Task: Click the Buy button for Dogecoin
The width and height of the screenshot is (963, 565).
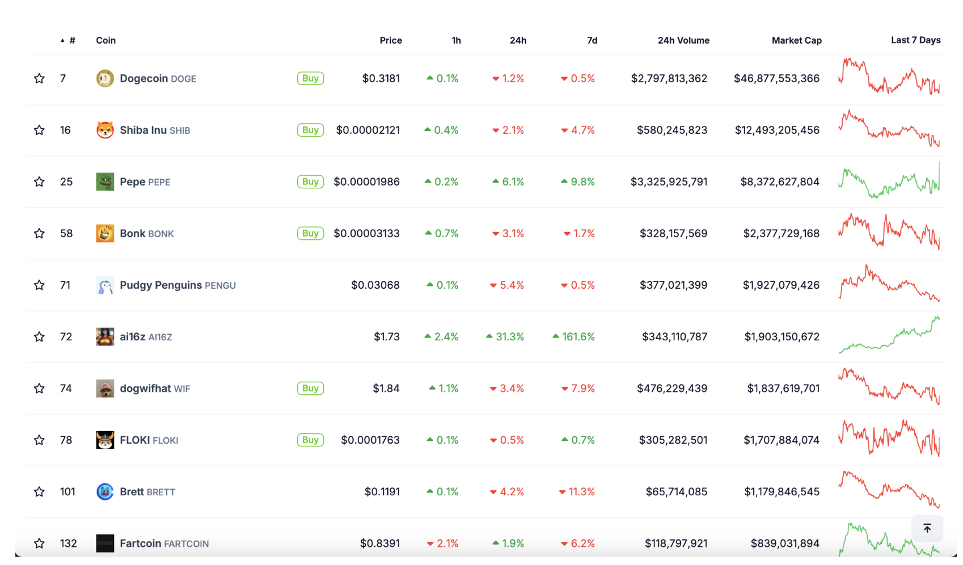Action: (310, 78)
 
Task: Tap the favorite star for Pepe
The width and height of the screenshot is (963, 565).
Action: (39, 182)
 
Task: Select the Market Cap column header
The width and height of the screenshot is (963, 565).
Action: (796, 40)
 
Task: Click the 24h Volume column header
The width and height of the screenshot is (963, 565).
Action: (683, 40)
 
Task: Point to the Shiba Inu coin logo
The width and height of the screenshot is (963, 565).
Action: (105, 130)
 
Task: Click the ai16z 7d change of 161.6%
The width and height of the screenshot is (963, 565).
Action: (574, 336)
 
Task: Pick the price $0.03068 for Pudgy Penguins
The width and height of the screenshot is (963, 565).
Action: (375, 285)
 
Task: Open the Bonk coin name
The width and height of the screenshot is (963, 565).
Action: (133, 233)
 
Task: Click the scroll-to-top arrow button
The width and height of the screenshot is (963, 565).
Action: (927, 528)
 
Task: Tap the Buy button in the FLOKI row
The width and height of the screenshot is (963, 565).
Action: (310, 440)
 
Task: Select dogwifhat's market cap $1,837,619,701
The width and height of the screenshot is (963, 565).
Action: (783, 388)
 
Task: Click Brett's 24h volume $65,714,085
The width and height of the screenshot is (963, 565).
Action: (676, 491)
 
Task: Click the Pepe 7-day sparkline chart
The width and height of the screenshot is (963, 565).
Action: (889, 182)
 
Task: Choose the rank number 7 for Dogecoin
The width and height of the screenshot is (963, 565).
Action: (63, 78)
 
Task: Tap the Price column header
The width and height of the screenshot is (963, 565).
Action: (390, 40)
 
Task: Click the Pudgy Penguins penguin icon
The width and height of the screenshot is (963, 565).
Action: (105, 285)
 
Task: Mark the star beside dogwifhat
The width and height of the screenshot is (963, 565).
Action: (39, 388)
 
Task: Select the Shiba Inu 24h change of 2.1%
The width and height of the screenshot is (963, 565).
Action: (508, 130)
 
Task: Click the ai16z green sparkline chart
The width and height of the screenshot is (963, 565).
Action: (889, 336)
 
